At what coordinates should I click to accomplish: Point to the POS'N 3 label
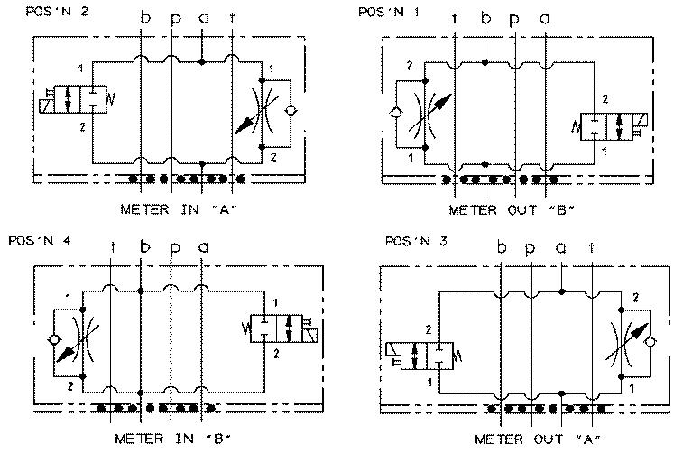[410, 241]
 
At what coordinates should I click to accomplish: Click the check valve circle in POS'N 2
[288, 111]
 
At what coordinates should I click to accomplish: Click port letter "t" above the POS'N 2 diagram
[234, 18]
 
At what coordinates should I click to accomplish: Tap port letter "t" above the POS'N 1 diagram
[455, 18]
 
